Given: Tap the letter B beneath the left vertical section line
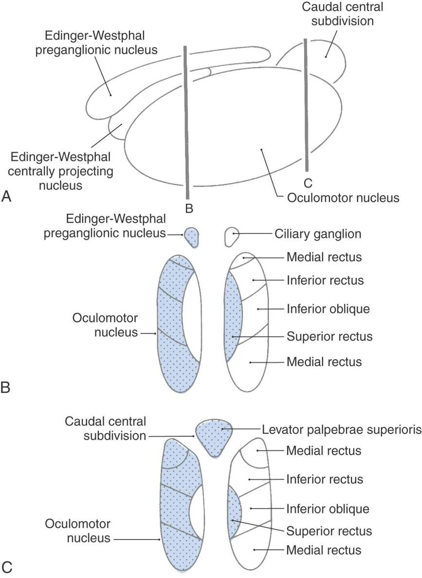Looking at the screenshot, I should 189,209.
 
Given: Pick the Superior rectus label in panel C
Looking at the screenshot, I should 330,530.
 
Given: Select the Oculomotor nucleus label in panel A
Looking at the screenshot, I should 343,198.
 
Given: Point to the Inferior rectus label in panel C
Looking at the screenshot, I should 325,479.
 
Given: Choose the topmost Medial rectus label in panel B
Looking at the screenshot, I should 324,256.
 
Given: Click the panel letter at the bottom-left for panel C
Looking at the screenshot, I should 7,567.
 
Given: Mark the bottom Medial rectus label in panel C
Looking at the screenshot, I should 324,550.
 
